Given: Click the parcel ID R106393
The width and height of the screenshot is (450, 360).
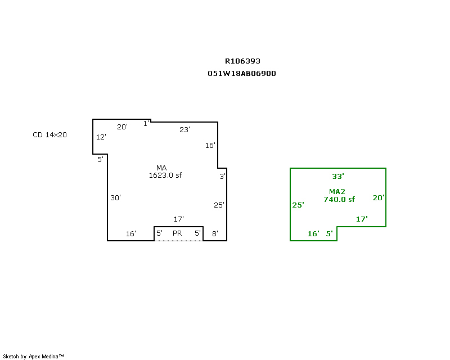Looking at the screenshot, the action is [x=242, y=61].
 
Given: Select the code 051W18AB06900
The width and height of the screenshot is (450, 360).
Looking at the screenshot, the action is [x=242, y=74].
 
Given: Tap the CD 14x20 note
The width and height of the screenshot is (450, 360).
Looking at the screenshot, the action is [x=49, y=135].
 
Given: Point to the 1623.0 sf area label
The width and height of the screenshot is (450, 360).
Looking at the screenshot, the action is [x=165, y=175].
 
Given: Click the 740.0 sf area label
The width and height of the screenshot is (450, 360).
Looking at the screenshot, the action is [x=339, y=199].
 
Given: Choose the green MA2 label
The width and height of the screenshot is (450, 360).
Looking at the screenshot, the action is [x=337, y=191].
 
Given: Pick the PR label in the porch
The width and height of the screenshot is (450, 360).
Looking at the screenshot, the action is [x=177, y=233].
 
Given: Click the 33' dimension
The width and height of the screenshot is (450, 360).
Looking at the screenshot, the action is [x=338, y=176].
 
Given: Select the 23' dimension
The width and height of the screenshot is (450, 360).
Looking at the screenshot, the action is [x=185, y=130].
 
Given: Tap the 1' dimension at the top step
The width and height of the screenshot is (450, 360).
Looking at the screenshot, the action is [x=146, y=124].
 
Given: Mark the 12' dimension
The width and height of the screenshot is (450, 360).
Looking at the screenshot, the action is [x=101, y=137].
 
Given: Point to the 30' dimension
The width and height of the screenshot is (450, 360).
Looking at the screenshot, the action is [x=116, y=198].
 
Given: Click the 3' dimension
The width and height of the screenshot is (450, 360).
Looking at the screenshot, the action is [x=222, y=177].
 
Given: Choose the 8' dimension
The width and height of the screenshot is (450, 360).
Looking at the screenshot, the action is [x=215, y=234].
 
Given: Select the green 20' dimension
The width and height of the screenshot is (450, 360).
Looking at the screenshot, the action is [x=379, y=198].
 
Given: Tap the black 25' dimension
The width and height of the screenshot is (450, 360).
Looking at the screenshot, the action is [x=219, y=205].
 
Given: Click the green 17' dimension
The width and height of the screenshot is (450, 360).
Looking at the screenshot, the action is [x=362, y=219].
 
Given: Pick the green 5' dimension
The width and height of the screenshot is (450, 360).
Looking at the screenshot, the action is [x=330, y=234].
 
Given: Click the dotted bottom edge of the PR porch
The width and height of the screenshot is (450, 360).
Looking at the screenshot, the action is [x=178, y=241].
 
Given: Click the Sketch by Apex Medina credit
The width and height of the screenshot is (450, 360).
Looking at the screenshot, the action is [x=33, y=357].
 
